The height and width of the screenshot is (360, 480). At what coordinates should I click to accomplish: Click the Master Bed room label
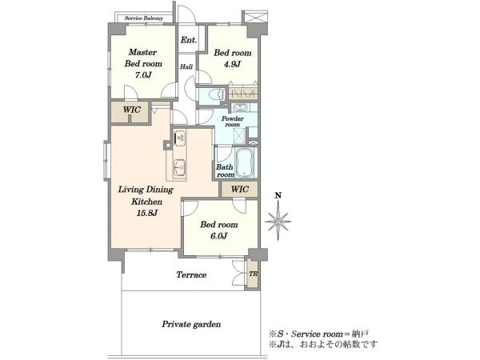[x=143, y=58]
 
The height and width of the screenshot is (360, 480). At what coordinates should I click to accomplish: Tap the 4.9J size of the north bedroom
[x=233, y=64]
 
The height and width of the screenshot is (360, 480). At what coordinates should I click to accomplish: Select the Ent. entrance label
[x=189, y=40]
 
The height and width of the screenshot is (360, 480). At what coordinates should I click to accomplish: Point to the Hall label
[x=186, y=66]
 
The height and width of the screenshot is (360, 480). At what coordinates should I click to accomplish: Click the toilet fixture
[x=216, y=94]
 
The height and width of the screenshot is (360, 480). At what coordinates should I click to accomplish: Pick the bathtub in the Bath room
[x=244, y=163]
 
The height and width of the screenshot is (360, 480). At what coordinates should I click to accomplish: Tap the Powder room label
[x=233, y=122]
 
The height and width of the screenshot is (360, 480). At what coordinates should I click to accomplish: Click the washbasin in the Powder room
[x=240, y=108]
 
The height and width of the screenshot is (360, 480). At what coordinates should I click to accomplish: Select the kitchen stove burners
[x=179, y=138]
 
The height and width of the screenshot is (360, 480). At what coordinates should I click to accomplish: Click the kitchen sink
[x=179, y=168]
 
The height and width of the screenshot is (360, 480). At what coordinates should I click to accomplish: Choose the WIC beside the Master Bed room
[x=132, y=110]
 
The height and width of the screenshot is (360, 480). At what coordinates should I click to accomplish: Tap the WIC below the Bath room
[x=240, y=189]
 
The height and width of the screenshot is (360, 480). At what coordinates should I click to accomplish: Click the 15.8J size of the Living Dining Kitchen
[x=147, y=213]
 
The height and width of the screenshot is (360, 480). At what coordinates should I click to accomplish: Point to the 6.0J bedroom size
[x=219, y=236]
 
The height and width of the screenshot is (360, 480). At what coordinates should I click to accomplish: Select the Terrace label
[x=191, y=274]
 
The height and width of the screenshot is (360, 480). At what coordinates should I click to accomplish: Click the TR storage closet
[x=253, y=274]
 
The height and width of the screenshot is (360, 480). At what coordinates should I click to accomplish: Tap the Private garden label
[x=191, y=324]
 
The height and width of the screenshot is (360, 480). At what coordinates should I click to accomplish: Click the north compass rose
[x=278, y=222]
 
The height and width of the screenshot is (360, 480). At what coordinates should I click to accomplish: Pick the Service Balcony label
[x=143, y=18]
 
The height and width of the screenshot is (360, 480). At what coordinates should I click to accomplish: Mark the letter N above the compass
[x=278, y=195]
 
